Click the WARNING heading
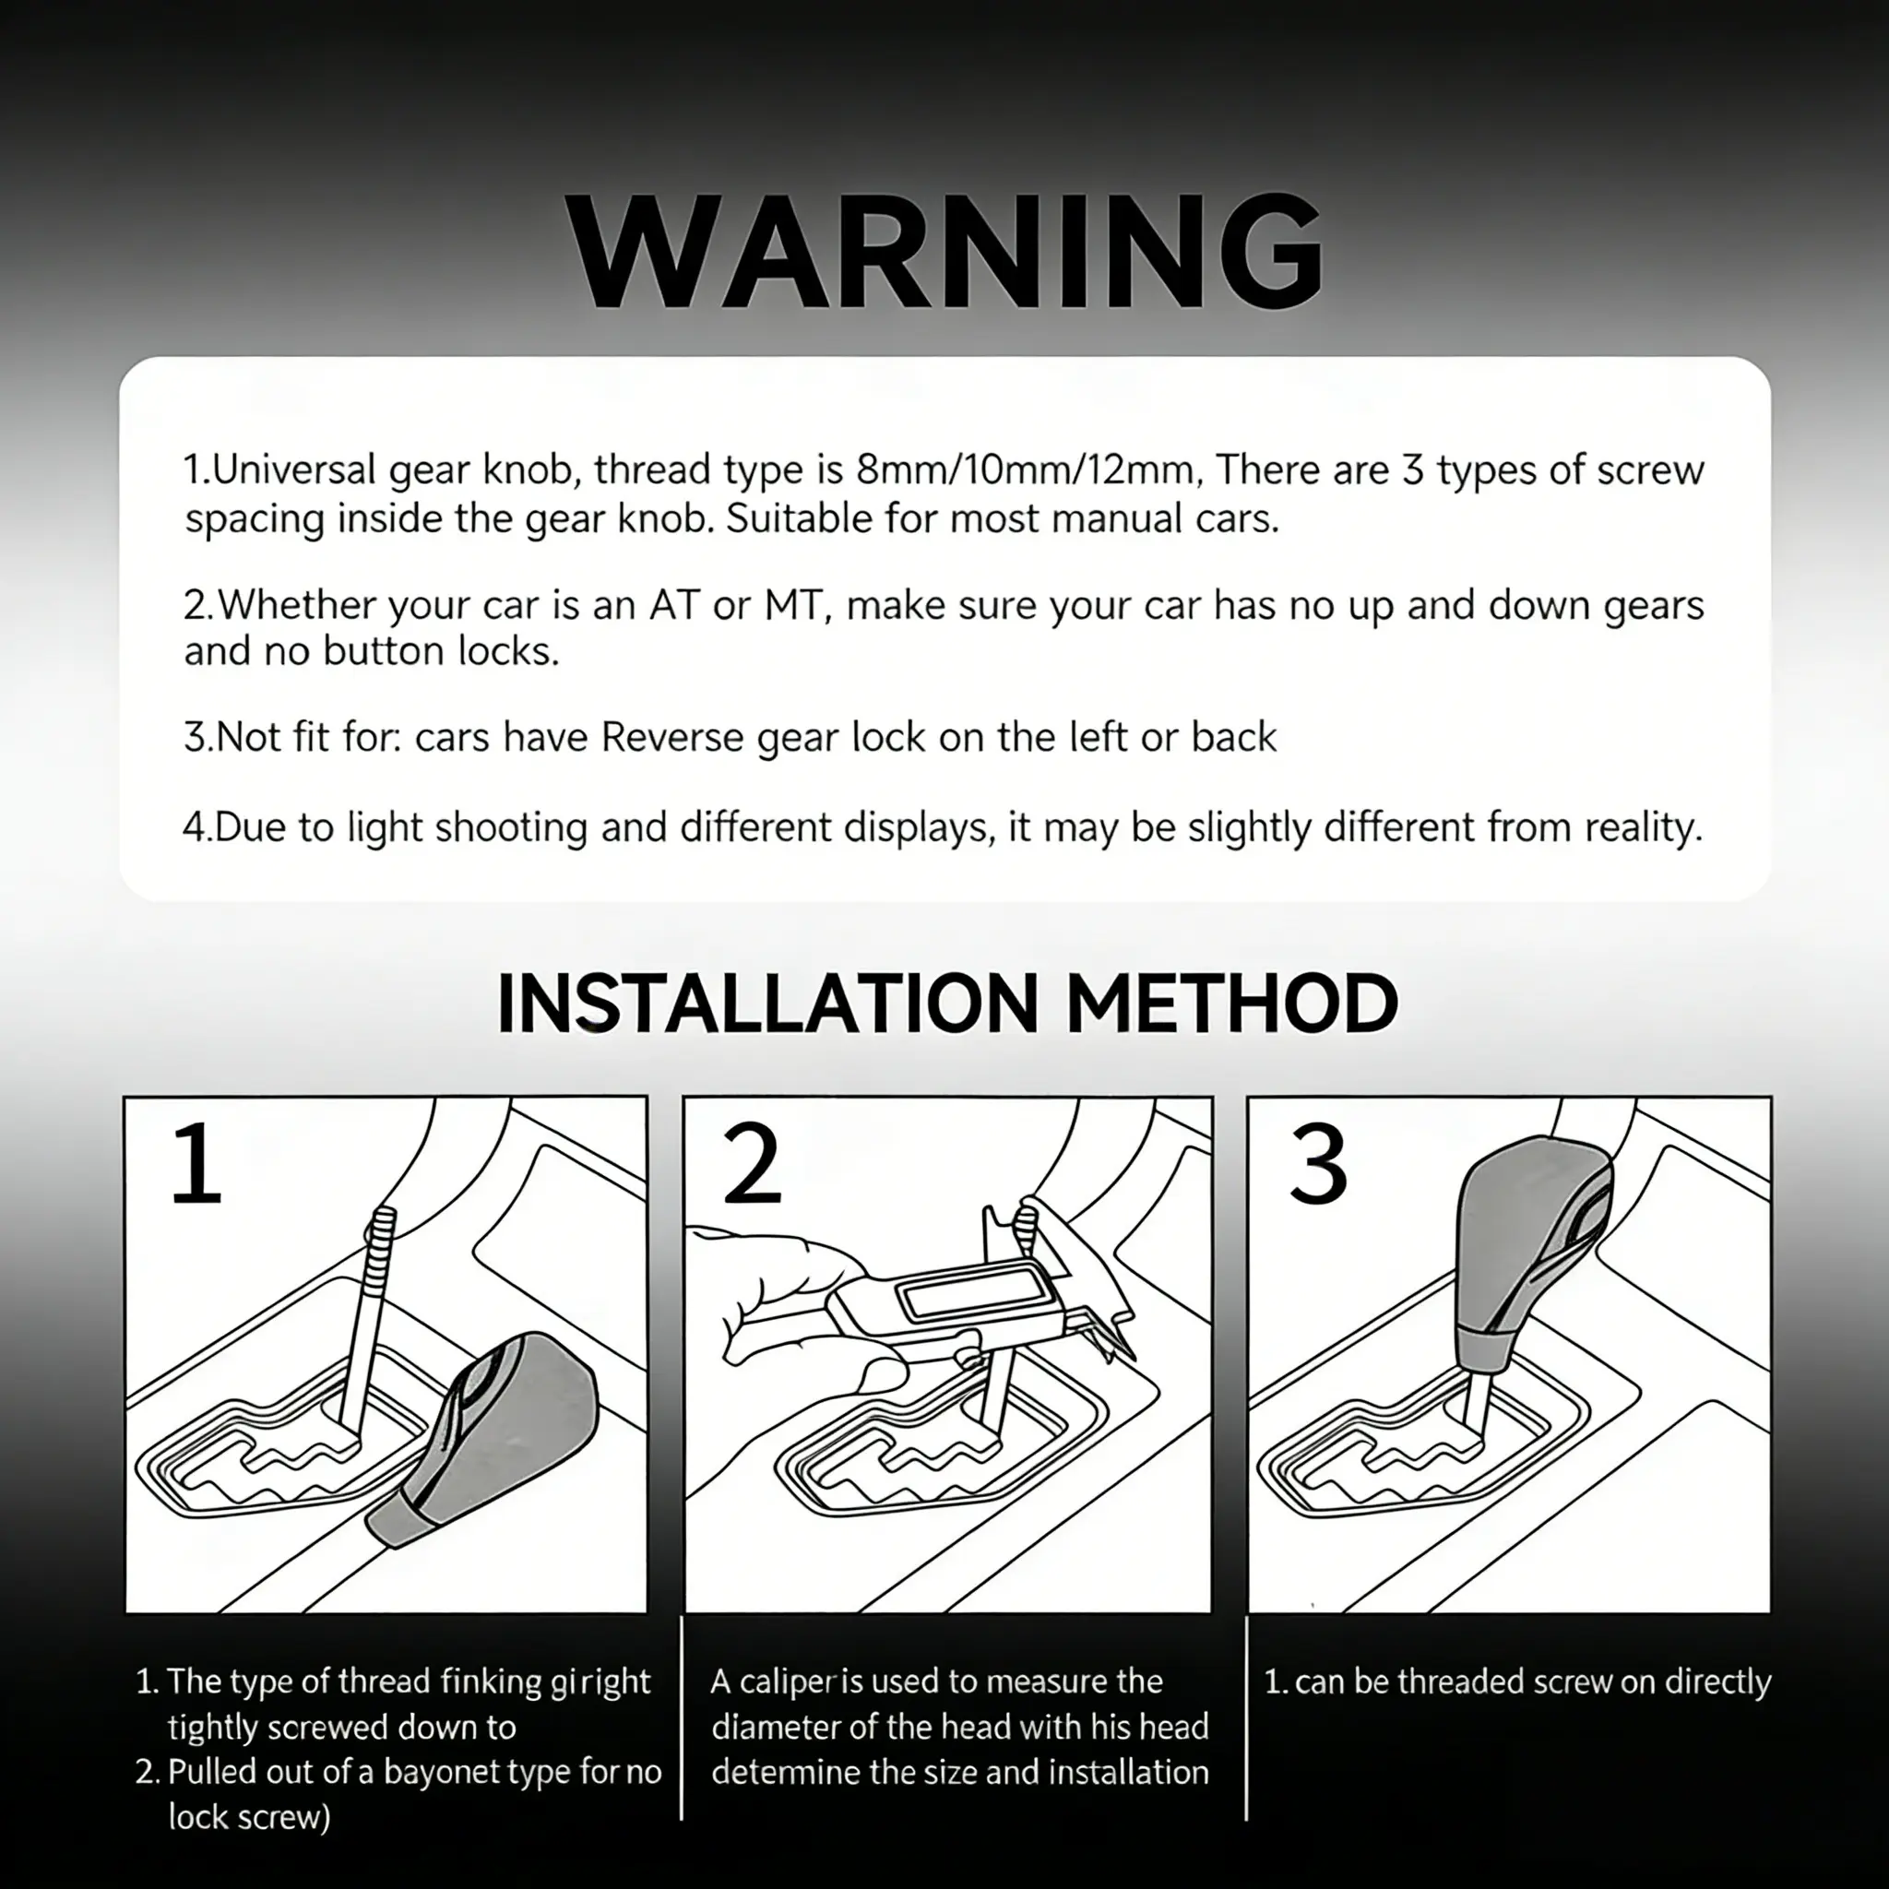click(944, 252)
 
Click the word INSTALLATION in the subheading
click(767, 1004)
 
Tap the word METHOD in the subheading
click(1232, 1004)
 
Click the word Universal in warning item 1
click(294, 470)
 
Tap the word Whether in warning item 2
click(297, 605)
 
